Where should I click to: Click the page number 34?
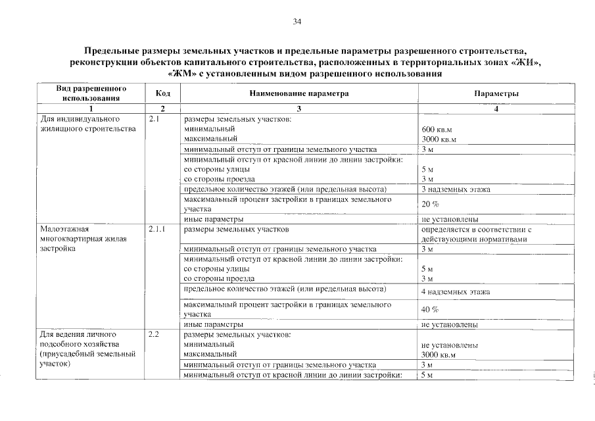coord(297,22)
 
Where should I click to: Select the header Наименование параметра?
coord(298,93)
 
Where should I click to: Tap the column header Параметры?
coord(496,93)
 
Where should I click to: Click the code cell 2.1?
coord(155,119)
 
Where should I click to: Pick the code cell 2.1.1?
coord(156,230)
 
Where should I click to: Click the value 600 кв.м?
coord(437,130)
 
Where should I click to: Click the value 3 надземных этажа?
coord(456,189)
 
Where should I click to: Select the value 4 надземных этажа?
coord(456,291)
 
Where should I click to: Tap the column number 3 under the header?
coord(298,109)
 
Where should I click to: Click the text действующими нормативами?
coord(473,239)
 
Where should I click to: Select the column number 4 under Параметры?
coord(496,109)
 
